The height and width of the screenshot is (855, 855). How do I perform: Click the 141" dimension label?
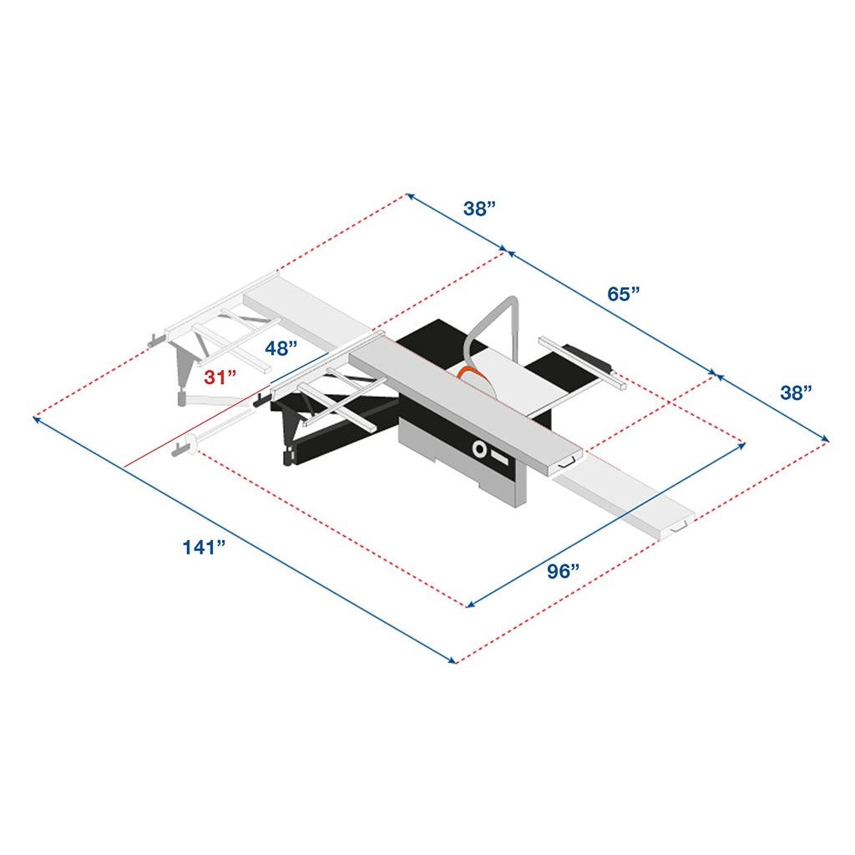tap(205, 549)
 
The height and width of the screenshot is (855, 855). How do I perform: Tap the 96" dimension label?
tap(564, 572)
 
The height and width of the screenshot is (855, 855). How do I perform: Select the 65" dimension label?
tap(624, 294)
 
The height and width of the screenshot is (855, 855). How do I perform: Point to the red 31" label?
tap(221, 377)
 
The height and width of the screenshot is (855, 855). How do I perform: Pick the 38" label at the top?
tap(480, 209)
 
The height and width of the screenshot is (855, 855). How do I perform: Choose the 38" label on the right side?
tap(797, 392)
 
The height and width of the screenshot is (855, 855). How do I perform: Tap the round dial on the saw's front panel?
tap(480, 450)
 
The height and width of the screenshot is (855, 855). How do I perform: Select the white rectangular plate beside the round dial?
tap(500, 458)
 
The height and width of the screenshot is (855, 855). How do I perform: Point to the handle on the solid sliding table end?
tap(570, 462)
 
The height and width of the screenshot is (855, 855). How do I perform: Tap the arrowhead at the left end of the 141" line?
tap(36, 418)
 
